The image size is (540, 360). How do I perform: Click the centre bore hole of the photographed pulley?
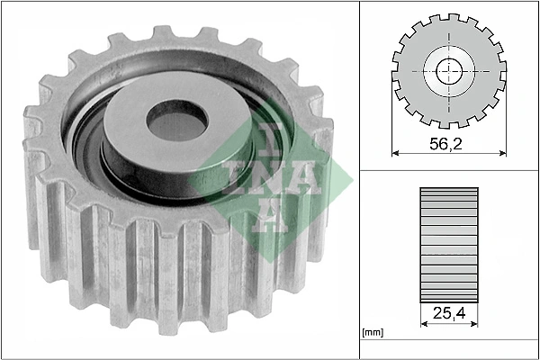176,121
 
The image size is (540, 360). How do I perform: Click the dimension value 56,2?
446,142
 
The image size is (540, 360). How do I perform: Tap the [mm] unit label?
372,333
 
